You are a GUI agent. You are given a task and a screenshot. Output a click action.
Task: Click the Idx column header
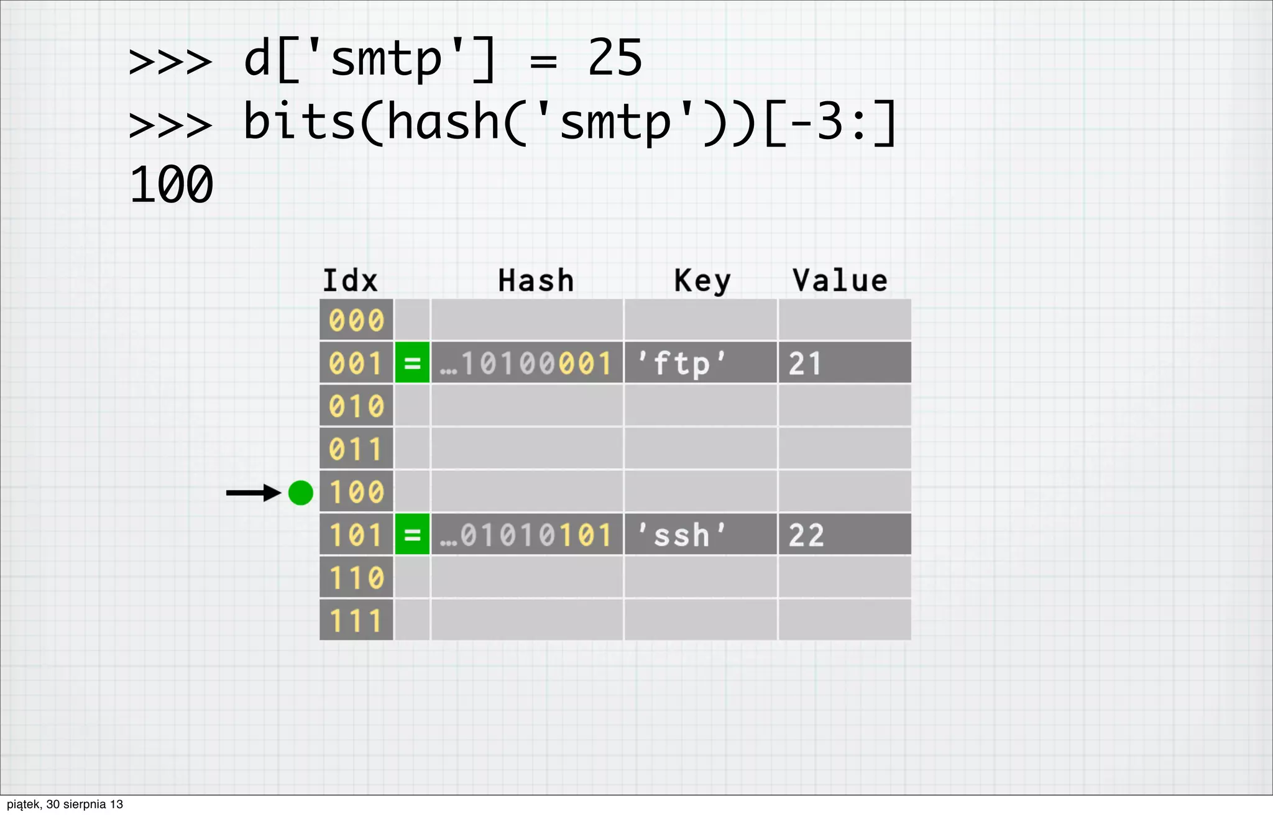click(x=350, y=281)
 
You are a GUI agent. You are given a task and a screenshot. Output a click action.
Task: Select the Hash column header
click(x=536, y=281)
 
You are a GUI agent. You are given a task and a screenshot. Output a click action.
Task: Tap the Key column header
click(x=702, y=281)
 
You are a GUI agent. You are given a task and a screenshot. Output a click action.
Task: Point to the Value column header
click(x=840, y=281)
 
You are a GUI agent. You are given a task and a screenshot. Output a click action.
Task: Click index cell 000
click(x=356, y=320)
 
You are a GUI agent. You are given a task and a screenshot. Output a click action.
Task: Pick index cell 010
click(x=356, y=406)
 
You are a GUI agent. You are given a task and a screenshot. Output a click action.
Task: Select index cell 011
click(x=356, y=448)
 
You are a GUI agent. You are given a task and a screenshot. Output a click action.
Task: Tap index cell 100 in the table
click(x=356, y=492)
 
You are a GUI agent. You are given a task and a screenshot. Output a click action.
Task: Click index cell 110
click(x=356, y=578)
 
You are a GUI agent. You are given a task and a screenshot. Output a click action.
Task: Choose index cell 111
click(x=356, y=620)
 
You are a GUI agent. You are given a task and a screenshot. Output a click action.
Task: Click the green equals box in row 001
click(x=412, y=363)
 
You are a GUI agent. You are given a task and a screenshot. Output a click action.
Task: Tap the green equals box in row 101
click(x=412, y=534)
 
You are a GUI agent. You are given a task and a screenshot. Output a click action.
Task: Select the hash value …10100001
click(x=526, y=363)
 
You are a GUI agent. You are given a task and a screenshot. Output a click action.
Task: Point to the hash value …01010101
click(x=526, y=535)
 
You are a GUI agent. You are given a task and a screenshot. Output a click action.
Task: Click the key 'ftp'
click(x=682, y=363)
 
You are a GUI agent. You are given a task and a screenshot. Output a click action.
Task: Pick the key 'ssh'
click(x=682, y=535)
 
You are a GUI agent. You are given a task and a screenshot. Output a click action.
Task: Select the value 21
click(x=806, y=363)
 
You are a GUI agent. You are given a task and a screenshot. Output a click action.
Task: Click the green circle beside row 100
click(x=301, y=493)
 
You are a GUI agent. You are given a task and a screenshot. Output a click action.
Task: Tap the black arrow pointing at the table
click(x=254, y=493)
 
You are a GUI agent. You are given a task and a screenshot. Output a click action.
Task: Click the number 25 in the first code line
click(x=615, y=58)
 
